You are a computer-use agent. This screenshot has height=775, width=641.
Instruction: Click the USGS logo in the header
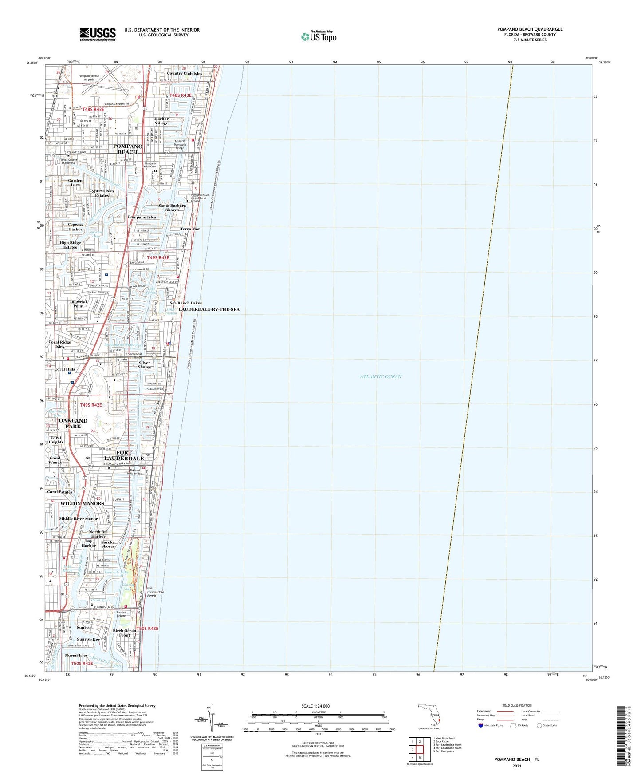click(98, 34)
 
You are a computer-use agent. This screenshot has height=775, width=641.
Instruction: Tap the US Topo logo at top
click(319, 36)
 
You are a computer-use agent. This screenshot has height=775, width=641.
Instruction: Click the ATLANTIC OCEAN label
click(381, 376)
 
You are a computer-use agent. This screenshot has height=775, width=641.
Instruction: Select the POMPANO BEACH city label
click(128, 149)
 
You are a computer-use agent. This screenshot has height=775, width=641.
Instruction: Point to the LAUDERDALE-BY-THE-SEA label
click(209, 309)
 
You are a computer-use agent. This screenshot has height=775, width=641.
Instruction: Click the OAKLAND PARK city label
click(73, 423)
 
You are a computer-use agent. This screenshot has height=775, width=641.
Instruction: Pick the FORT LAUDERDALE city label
click(124, 455)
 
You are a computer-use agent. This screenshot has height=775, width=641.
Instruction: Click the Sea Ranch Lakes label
click(185, 303)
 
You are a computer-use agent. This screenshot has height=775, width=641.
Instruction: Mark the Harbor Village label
click(161, 121)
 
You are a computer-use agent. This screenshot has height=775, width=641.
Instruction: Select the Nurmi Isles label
click(76, 655)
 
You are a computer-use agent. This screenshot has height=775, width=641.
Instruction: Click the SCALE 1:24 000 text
click(315, 706)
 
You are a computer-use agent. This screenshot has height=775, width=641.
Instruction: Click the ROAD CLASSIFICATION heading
click(517, 705)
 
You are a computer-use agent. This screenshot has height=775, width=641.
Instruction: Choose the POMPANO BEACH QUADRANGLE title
click(530, 29)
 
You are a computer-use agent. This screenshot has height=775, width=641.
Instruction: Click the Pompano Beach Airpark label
click(89, 78)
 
